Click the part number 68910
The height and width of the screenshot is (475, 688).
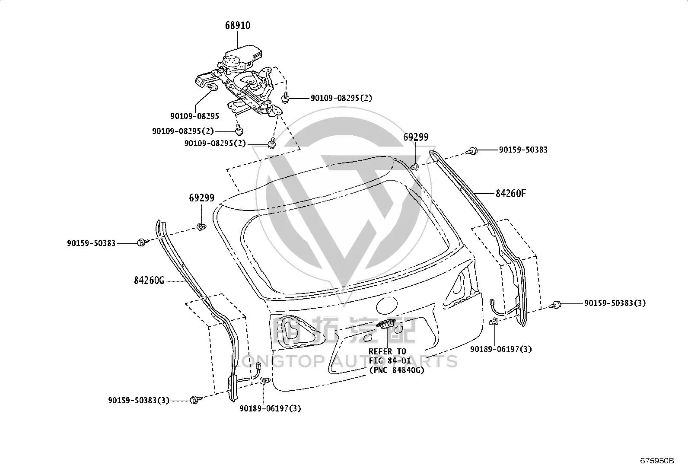tap(238, 25)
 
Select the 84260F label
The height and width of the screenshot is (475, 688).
tap(511, 193)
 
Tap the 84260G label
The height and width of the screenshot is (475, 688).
tap(149, 280)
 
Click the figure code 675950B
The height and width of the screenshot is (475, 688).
tap(657, 461)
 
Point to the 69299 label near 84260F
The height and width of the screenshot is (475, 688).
tap(416, 137)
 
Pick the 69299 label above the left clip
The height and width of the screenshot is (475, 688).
tap(201, 198)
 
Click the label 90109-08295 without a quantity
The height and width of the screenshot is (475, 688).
tap(195, 116)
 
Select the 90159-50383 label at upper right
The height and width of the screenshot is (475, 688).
tap(523, 150)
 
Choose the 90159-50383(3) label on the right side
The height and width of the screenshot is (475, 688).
tap(615, 303)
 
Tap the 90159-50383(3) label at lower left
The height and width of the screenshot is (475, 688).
tap(139, 400)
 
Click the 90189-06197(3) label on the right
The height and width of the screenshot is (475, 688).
tap(501, 349)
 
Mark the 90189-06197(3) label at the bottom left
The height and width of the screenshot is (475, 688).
tap(270, 408)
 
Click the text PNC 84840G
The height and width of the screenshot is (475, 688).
tap(398, 370)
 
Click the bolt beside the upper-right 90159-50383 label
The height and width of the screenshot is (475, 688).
tap(472, 151)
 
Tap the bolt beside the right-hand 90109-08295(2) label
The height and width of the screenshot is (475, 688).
tap(285, 98)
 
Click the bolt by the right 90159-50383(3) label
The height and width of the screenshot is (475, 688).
tap(556, 305)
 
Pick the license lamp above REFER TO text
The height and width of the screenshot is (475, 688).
tap(386, 324)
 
